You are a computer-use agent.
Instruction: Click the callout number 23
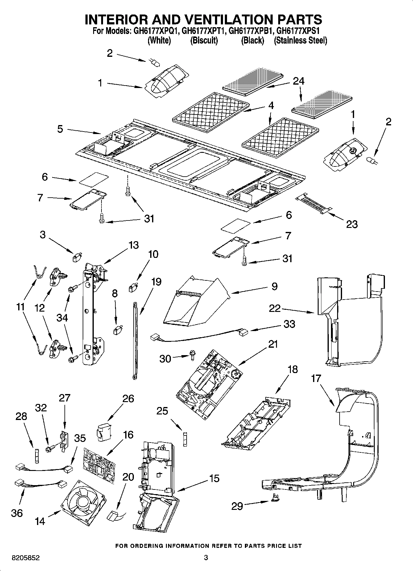pyautogui.click(x=352, y=224)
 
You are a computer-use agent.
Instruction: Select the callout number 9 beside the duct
pyautogui.click(x=274, y=286)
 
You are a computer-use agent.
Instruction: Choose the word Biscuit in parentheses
pyautogui.click(x=204, y=40)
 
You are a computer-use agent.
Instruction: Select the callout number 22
pyautogui.click(x=275, y=308)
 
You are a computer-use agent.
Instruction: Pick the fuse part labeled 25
pyautogui.click(x=185, y=439)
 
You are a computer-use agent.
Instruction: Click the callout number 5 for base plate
pyautogui.click(x=60, y=129)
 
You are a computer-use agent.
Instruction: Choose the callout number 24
pyautogui.click(x=298, y=81)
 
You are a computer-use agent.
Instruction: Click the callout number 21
pyautogui.click(x=273, y=344)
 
